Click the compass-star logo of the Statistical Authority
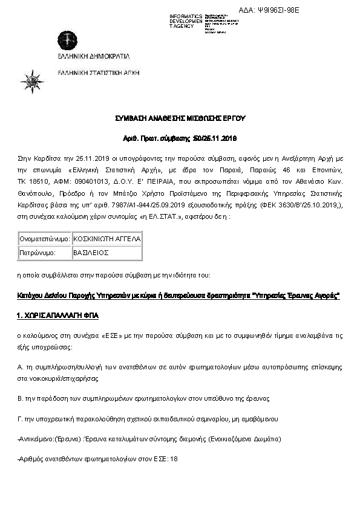point(32,81)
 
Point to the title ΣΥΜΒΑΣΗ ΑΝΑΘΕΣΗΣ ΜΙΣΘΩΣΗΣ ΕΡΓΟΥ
point(180,118)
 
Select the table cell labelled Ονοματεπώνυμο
point(45,239)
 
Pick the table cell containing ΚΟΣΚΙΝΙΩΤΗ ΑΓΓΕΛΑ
point(106,239)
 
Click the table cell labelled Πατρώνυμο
point(45,253)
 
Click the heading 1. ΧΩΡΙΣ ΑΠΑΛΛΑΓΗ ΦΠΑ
point(57,316)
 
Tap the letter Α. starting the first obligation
point(21,368)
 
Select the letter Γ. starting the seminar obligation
point(21,418)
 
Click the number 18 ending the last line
point(174,459)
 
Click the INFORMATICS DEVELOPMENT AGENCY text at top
point(186,21)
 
